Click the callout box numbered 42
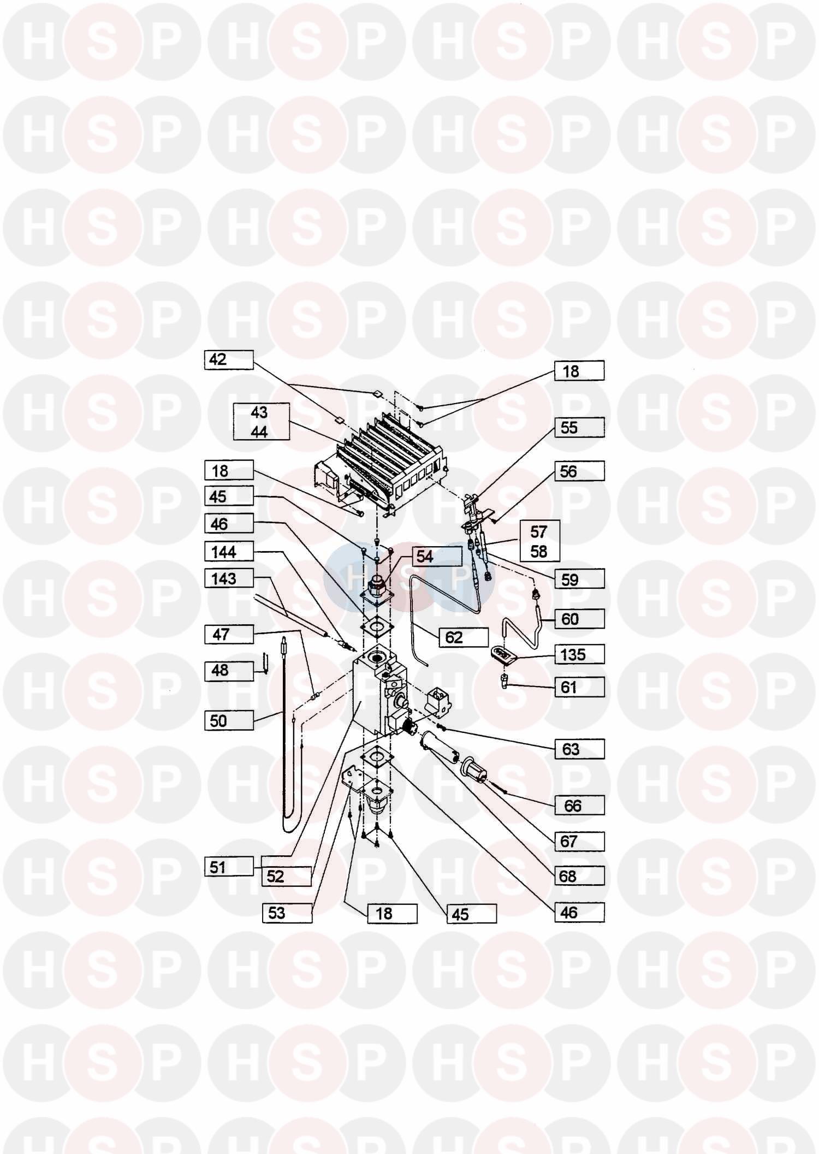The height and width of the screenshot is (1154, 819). (229, 360)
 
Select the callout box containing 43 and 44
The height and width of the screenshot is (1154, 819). (260, 422)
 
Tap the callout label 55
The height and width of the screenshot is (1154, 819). (579, 428)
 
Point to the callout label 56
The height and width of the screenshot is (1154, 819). (579, 471)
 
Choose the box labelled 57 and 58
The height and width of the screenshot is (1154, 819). (539, 541)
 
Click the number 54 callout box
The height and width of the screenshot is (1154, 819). (425, 557)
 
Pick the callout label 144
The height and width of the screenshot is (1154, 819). (229, 552)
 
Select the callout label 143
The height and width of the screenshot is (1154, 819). (229, 578)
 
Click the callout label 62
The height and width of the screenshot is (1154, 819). (463, 637)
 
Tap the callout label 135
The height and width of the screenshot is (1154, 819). (579, 654)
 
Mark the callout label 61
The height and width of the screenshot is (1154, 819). (579, 687)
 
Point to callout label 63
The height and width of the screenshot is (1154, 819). (579, 749)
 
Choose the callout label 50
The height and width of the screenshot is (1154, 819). (229, 721)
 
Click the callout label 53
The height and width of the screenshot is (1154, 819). (287, 913)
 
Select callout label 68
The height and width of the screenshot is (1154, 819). (579, 877)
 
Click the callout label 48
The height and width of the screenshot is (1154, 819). (229, 671)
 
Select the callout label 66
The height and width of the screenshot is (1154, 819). (579, 806)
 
